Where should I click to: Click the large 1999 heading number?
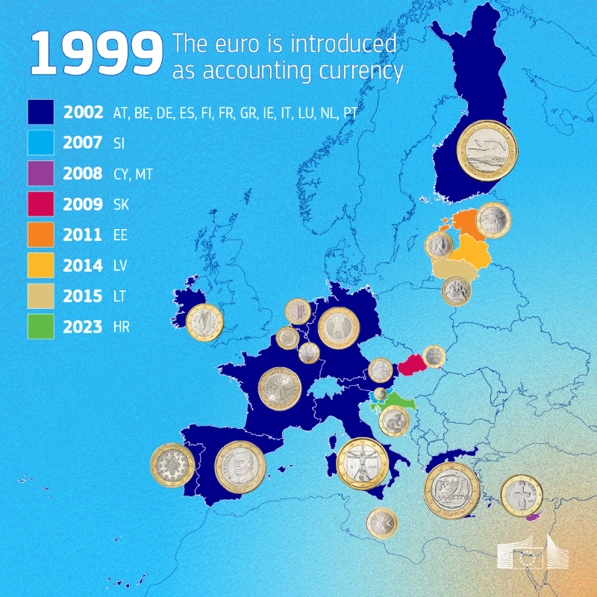96,54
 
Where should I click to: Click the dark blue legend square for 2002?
41,113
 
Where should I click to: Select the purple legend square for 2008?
41,174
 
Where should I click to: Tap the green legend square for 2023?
41,326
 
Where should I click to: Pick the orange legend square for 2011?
41,234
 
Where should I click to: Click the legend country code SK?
122,204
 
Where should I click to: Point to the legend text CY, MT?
129,174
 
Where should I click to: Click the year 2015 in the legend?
83,296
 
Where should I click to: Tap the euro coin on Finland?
487,151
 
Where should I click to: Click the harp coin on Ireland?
204,322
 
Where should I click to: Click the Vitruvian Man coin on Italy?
363,463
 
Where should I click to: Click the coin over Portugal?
173,466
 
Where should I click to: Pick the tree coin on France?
279,388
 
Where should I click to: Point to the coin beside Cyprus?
522,496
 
